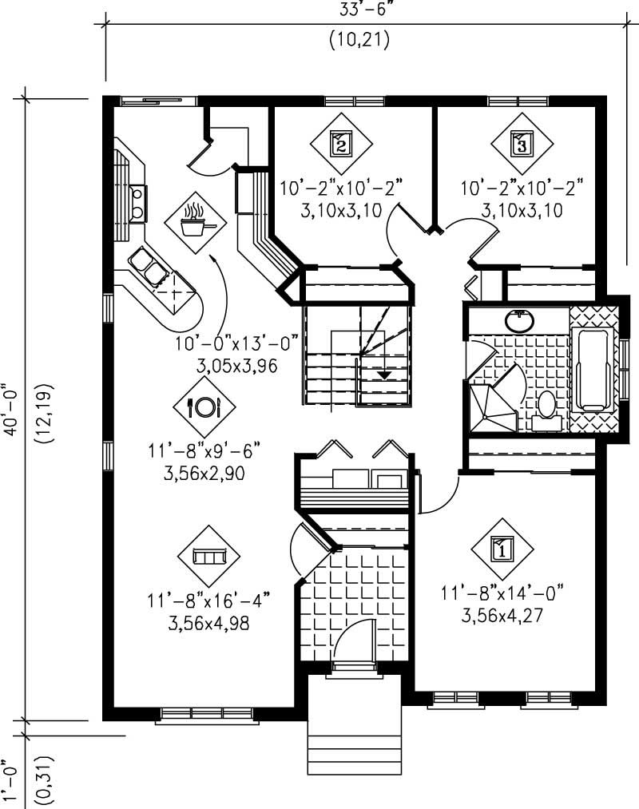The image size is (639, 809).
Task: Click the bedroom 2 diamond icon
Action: (341, 145)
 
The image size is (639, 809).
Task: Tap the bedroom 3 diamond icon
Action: (521, 145)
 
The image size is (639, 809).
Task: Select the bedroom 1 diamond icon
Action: (502, 549)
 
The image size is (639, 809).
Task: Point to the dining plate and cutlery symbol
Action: (204, 407)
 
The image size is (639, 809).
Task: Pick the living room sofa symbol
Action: (209, 556)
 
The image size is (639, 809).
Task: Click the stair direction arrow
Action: (384, 372)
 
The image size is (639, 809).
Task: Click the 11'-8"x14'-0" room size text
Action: (502, 593)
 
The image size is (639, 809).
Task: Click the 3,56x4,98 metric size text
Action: (209, 623)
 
